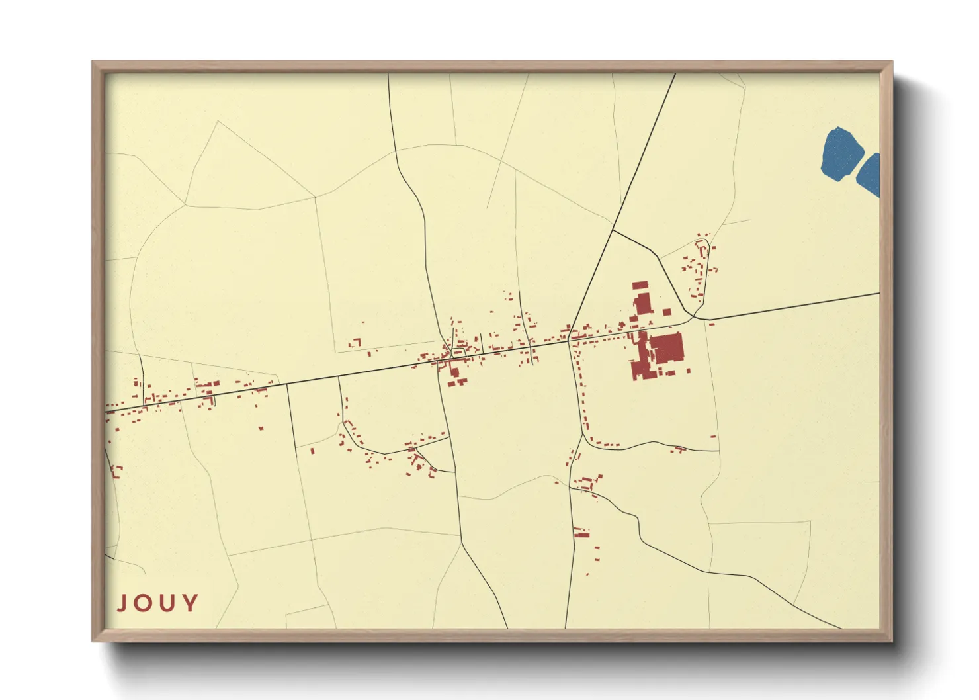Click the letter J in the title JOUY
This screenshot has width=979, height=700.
pos(123,603)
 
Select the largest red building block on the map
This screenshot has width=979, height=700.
pos(667,348)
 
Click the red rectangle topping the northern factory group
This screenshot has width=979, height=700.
pos(640,286)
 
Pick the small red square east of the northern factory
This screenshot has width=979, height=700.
pos(667,312)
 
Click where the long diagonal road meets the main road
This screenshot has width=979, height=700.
pos(568,340)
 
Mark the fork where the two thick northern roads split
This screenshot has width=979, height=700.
pos(613,230)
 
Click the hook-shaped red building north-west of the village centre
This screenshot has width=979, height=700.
pos(357,342)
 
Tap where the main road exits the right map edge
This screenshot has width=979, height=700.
pos(878,293)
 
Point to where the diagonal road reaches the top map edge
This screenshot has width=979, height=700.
pos(675,74)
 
